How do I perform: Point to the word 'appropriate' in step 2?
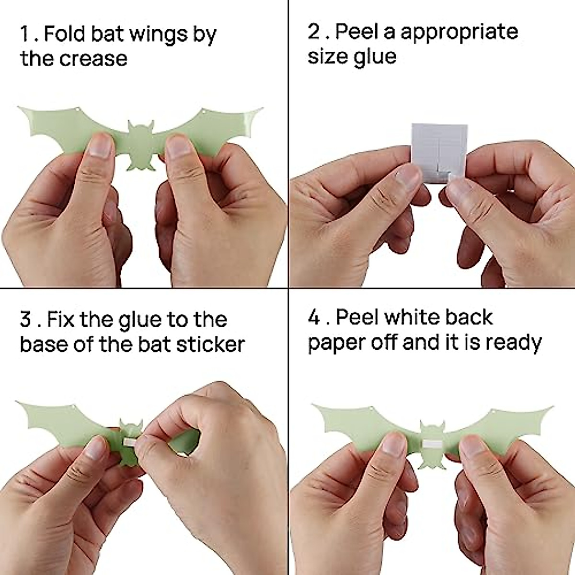point(459,32)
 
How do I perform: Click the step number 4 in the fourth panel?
point(314,317)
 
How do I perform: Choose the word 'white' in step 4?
point(415,317)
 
